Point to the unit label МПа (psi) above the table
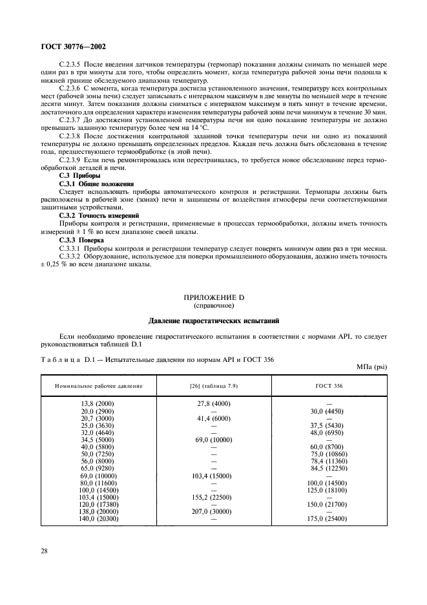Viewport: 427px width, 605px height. (371, 367)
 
